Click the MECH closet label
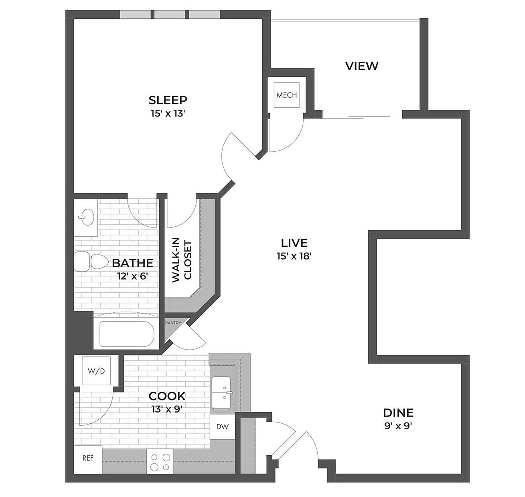(x=287, y=95)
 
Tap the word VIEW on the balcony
(x=362, y=66)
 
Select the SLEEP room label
(x=168, y=100)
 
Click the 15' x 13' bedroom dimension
(x=168, y=113)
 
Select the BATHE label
(x=133, y=263)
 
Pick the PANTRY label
(x=173, y=322)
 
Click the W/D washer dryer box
(x=96, y=371)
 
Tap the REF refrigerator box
(x=88, y=458)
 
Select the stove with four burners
(x=160, y=461)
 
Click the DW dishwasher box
(x=222, y=427)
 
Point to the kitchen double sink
(x=221, y=392)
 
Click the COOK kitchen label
(x=167, y=396)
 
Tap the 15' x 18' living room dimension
(x=294, y=256)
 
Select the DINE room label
(x=398, y=412)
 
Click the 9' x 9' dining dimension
(x=398, y=426)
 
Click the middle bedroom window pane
(x=170, y=14)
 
